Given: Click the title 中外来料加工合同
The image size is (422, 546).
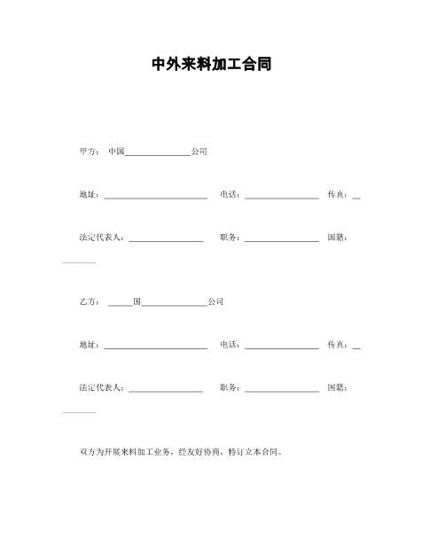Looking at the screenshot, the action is point(211,65).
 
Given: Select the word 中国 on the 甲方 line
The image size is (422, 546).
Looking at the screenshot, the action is point(116,152).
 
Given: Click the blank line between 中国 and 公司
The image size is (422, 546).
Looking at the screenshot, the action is point(158,153).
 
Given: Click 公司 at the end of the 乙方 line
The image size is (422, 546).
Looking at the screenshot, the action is point(215,301).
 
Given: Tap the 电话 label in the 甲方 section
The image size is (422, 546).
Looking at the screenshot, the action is point(229,194).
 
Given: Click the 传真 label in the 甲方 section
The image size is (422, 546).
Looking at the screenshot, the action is point(336,194).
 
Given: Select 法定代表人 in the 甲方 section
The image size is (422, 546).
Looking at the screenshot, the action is point(102,238).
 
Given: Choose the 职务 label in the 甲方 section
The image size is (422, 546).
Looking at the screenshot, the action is point(229,238).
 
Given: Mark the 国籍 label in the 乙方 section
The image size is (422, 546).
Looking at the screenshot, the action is point(336,387).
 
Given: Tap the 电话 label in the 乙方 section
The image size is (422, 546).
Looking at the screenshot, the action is point(229,345).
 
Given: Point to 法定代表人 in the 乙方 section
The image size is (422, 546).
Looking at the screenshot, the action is point(102,387).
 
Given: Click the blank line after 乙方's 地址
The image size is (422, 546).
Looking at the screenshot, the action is point(155,347).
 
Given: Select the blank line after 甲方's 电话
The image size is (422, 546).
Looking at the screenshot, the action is point(281,197).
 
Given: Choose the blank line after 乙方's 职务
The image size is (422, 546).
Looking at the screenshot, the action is point(281,390).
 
